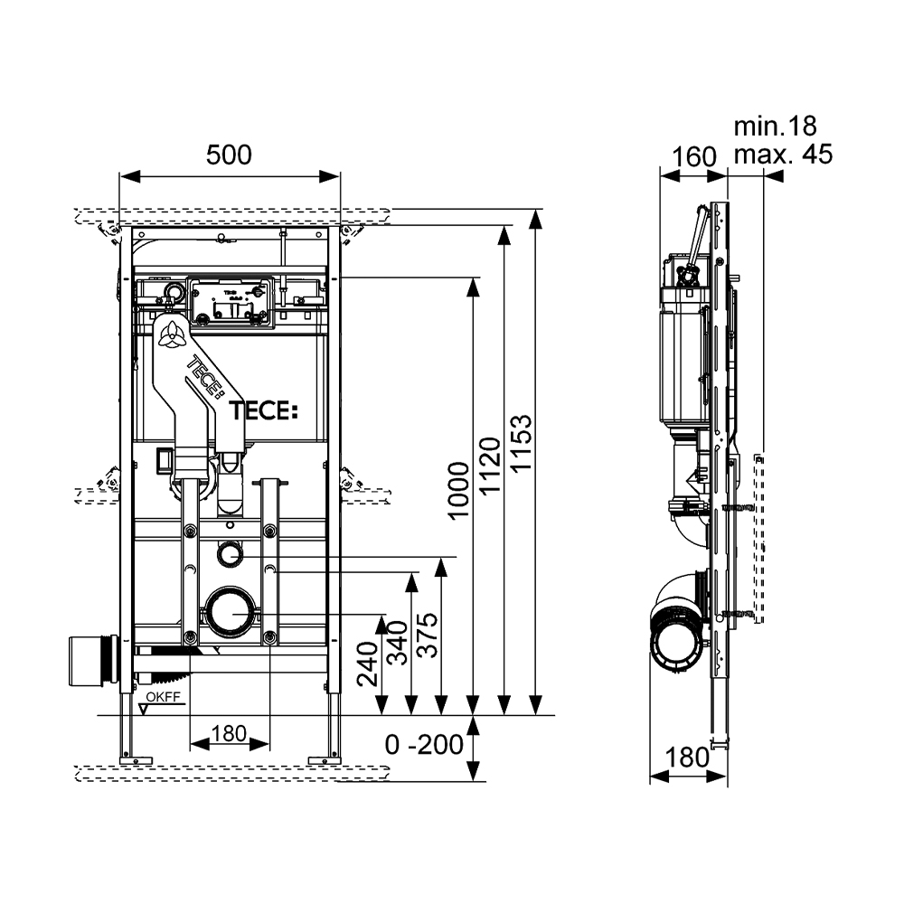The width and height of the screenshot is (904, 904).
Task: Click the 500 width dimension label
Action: pos(229,155)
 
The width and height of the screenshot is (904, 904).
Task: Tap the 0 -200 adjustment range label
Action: pos(424,746)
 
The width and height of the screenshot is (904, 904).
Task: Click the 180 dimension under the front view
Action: pos(229,734)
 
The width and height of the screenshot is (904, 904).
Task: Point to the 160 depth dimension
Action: pos(694,156)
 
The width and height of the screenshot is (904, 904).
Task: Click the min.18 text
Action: pos(775,126)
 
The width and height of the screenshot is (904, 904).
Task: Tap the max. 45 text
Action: pos(782,155)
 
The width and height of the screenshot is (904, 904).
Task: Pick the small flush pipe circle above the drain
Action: pos(231,552)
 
